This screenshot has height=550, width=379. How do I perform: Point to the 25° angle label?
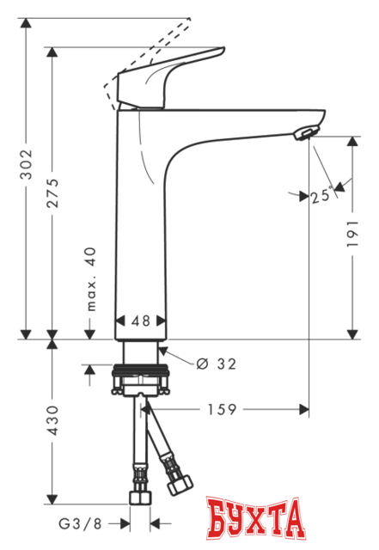coord(321,196)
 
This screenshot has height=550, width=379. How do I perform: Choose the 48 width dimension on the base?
coord(140,320)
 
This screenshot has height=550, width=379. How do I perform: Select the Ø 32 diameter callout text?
coord(216,364)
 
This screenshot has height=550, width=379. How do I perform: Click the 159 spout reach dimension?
coord(223,410)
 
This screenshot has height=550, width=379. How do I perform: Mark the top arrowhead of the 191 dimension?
coord(352,142)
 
